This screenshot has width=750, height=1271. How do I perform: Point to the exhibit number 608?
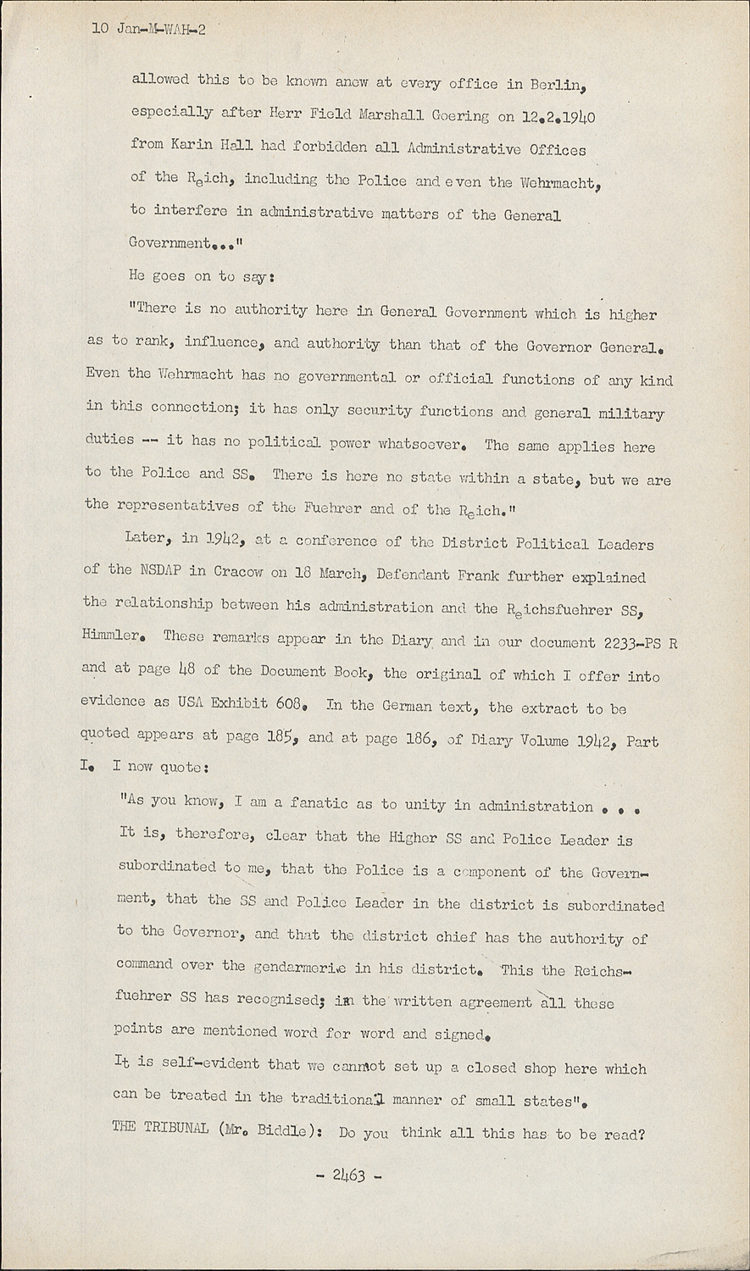pos(286,703)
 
